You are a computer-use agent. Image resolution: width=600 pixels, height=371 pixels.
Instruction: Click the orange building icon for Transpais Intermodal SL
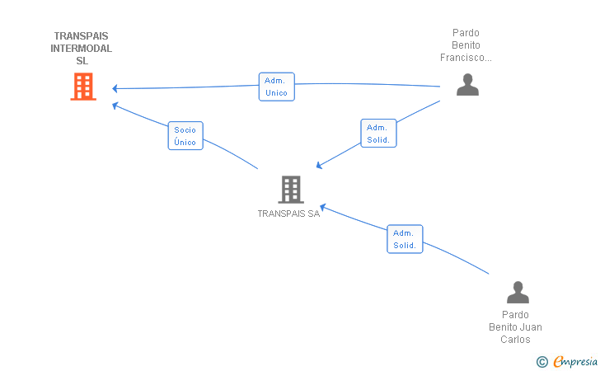[83, 87]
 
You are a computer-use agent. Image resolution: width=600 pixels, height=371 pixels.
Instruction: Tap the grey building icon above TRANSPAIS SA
[291, 190]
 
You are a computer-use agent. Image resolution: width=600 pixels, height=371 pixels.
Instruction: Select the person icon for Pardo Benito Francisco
[467, 85]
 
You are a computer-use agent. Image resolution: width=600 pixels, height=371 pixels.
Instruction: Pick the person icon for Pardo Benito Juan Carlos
[518, 292]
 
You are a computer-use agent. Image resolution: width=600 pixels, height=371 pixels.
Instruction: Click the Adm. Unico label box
[277, 87]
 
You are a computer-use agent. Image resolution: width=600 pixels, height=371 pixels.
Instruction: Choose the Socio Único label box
[185, 136]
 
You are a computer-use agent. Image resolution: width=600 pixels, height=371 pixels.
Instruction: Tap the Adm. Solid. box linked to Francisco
[378, 134]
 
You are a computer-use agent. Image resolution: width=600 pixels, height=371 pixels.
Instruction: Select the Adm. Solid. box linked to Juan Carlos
[405, 239]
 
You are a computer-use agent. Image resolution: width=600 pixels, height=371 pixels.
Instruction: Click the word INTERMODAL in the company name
[81, 49]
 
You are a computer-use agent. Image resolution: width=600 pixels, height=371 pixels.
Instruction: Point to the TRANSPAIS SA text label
[288, 214]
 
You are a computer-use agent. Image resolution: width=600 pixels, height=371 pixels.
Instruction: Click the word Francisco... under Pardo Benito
[466, 58]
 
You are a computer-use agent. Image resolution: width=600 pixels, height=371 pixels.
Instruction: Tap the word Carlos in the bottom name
[515, 340]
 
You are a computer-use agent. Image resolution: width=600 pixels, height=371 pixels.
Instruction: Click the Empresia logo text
[575, 361]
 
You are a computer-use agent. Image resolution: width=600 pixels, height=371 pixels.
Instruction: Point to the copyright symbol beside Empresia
[542, 362]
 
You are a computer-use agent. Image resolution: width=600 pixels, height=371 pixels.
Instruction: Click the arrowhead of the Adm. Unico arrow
[115, 88]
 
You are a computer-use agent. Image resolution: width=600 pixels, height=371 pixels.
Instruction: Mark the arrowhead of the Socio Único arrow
[115, 106]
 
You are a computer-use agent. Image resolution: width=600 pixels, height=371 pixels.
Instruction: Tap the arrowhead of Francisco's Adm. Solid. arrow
[319, 166]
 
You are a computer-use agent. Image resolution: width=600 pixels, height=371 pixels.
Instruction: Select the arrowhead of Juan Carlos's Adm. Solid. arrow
[322, 208]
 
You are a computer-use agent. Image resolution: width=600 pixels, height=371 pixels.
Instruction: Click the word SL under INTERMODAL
[82, 61]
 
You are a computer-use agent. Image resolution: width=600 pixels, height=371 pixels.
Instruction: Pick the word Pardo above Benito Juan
[515, 315]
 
